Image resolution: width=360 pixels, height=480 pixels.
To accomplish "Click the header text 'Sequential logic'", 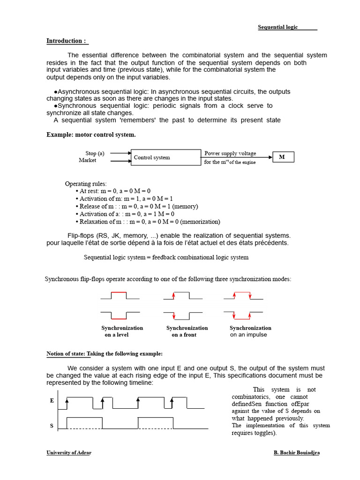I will (x=277, y=27).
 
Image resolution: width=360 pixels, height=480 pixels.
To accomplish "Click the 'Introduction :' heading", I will (x=67, y=41).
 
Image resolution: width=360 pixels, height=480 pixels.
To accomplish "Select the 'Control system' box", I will (x=166, y=157).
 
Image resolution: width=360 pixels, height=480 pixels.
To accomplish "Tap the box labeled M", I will (x=283, y=157).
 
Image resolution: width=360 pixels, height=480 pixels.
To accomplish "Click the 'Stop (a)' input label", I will (x=95, y=153).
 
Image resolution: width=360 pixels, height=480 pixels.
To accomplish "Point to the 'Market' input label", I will (x=88, y=160).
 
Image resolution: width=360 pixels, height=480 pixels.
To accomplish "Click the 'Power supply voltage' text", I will (x=230, y=153).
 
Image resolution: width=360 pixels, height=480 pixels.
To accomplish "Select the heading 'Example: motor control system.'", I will (x=91, y=135).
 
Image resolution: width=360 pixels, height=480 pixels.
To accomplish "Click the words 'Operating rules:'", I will (x=86, y=184).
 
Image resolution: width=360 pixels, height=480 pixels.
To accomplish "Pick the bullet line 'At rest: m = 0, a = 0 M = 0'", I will (x=114, y=191).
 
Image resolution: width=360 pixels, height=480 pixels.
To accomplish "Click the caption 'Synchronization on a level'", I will (x=122, y=331).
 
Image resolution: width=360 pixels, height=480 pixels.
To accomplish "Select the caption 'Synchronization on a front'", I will (x=187, y=331).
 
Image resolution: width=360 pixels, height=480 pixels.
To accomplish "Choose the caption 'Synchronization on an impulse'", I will (x=250, y=331).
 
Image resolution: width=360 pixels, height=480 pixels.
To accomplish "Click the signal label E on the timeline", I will (x=52, y=401).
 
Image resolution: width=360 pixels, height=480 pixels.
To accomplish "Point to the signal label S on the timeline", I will (x=52, y=426).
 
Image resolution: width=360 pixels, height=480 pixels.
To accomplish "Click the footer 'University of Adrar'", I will (x=69, y=453).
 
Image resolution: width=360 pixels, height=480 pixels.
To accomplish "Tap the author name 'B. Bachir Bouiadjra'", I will (x=296, y=453).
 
